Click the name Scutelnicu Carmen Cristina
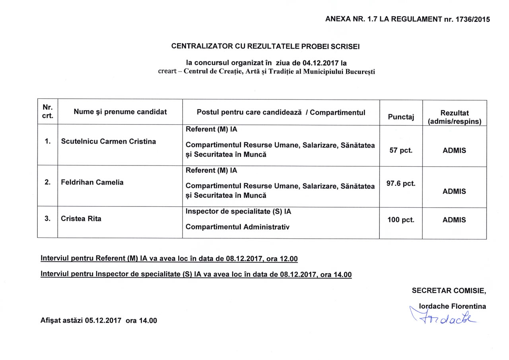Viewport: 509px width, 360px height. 108,142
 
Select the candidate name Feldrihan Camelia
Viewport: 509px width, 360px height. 92,182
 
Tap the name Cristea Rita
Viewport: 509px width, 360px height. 81,218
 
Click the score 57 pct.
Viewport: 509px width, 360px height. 400,151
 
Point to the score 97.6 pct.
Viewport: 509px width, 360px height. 400,184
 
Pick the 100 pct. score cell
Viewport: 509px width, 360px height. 400,220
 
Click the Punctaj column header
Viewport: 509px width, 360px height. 400,117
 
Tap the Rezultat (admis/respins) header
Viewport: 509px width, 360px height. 454,117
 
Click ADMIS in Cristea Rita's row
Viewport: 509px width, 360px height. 454,220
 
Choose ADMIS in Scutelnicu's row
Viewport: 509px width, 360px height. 454,151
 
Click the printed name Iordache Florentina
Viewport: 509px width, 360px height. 453,306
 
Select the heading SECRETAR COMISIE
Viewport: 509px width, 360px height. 449,291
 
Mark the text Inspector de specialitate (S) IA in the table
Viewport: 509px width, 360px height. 238,212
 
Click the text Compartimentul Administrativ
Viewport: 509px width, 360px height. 237,227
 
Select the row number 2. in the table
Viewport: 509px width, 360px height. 47,182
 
